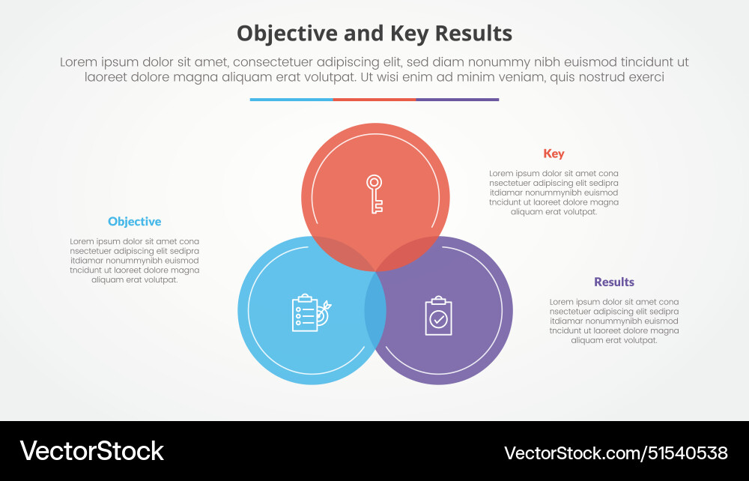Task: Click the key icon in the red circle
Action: [374, 193]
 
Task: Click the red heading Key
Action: [554, 154]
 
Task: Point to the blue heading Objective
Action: [134, 222]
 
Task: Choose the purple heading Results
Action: [614, 282]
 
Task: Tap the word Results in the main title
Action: [473, 34]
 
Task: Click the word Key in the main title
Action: [407, 34]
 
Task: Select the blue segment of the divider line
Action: [291, 99]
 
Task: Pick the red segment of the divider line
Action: [374, 99]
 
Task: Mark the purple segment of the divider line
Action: [457, 99]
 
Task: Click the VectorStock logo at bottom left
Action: [91, 451]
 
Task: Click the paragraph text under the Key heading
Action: [554, 193]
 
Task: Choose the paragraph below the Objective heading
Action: [135, 261]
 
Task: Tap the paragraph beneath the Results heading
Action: [614, 321]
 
